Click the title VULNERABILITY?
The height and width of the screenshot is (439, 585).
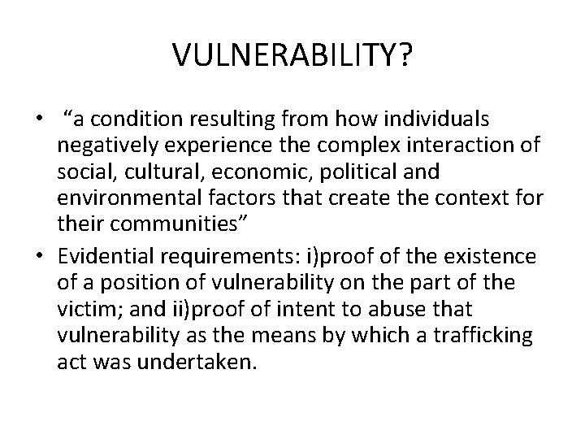[x=292, y=55]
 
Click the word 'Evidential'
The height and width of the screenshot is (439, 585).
[x=105, y=257]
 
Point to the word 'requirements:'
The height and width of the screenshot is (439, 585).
[x=222, y=257]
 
